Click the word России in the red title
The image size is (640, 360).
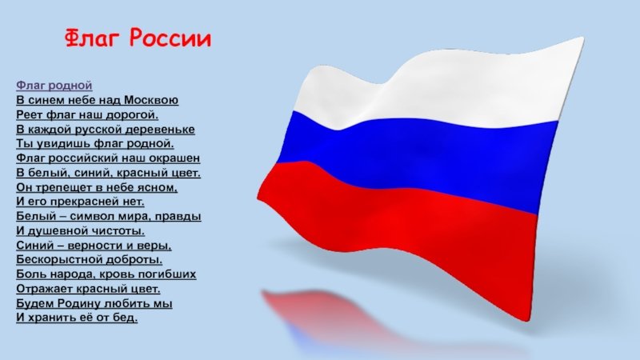[x=170, y=38]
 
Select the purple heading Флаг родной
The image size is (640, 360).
[x=54, y=86]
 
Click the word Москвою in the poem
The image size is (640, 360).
[x=151, y=100]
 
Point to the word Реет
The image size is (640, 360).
[x=30, y=114]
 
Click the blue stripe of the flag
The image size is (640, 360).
[x=416, y=159]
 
